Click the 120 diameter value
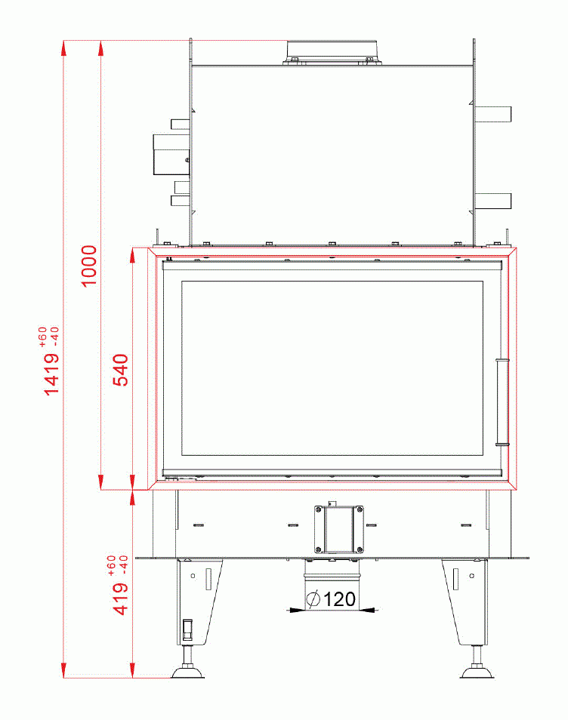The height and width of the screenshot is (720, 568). (x=339, y=600)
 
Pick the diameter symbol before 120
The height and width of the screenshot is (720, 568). (x=313, y=600)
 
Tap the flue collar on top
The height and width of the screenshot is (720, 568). (x=332, y=51)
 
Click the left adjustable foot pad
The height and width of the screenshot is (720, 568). (x=187, y=671)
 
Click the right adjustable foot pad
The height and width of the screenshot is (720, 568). (x=477, y=671)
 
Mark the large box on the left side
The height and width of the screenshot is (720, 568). (x=169, y=154)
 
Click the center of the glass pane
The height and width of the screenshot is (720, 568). (x=332, y=368)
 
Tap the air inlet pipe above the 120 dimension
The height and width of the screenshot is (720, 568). (x=332, y=577)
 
